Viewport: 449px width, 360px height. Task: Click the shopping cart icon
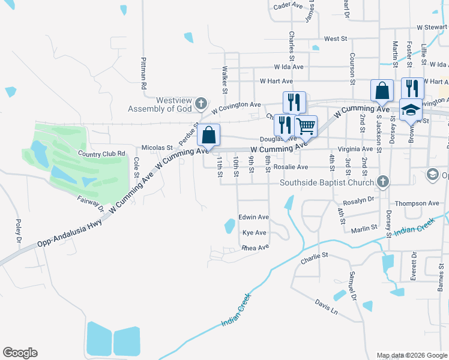tap(306, 126)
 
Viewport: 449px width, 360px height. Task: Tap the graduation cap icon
tap(411, 110)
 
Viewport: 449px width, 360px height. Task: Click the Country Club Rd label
tap(101, 154)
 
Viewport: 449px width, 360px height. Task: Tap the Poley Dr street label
tap(19, 231)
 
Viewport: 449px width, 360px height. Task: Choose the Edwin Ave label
tap(253, 217)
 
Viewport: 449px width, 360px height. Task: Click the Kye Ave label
tap(254, 232)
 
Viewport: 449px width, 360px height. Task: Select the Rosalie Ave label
tap(291, 167)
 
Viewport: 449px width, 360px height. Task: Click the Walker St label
tap(224, 80)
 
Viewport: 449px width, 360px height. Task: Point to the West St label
tap(336, 38)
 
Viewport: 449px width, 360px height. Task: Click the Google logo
tap(20, 353)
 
